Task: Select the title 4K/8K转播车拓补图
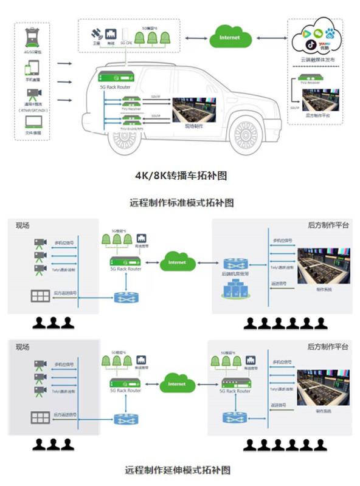[180, 176]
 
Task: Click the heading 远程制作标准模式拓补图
[181, 202]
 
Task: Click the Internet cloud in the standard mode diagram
[177, 262]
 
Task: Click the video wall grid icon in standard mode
[41, 296]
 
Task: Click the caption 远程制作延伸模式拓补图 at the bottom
[178, 470]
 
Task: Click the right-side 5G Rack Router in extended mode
[235, 383]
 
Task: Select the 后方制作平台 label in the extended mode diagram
[328, 346]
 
